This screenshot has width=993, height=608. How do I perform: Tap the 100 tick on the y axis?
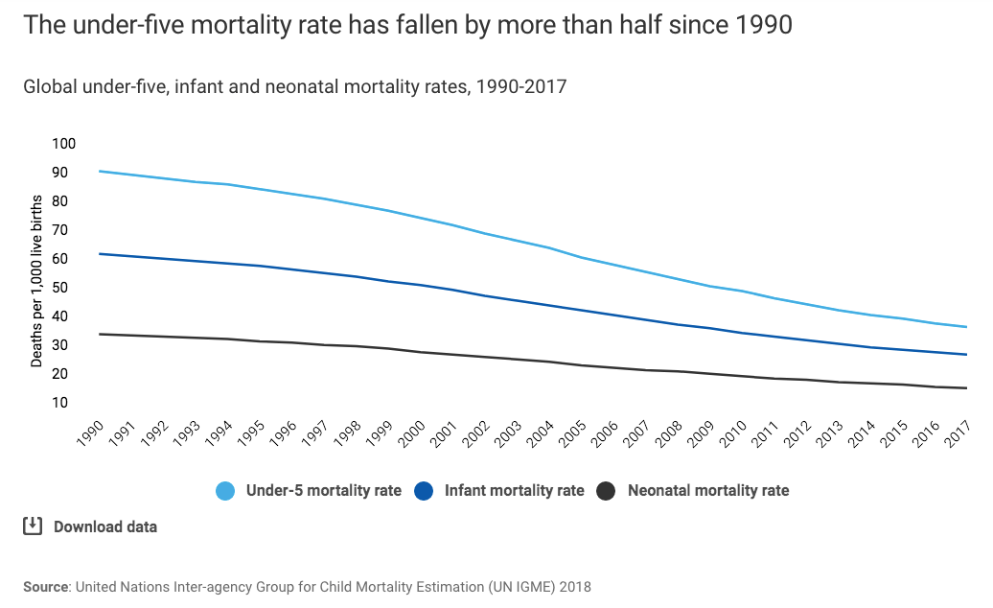(x=63, y=144)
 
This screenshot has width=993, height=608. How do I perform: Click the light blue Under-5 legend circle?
(x=225, y=491)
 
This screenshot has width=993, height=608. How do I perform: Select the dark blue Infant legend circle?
(x=424, y=491)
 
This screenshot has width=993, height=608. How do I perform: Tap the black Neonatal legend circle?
(x=606, y=491)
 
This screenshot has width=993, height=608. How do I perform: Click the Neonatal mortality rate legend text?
(x=708, y=491)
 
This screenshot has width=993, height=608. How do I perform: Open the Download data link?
(x=105, y=526)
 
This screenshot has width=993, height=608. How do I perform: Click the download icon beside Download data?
(x=33, y=526)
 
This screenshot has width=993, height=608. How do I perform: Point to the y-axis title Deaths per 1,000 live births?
(x=36, y=280)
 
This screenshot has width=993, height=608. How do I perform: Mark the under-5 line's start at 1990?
(x=100, y=172)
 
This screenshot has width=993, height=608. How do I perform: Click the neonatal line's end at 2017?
(x=966, y=388)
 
